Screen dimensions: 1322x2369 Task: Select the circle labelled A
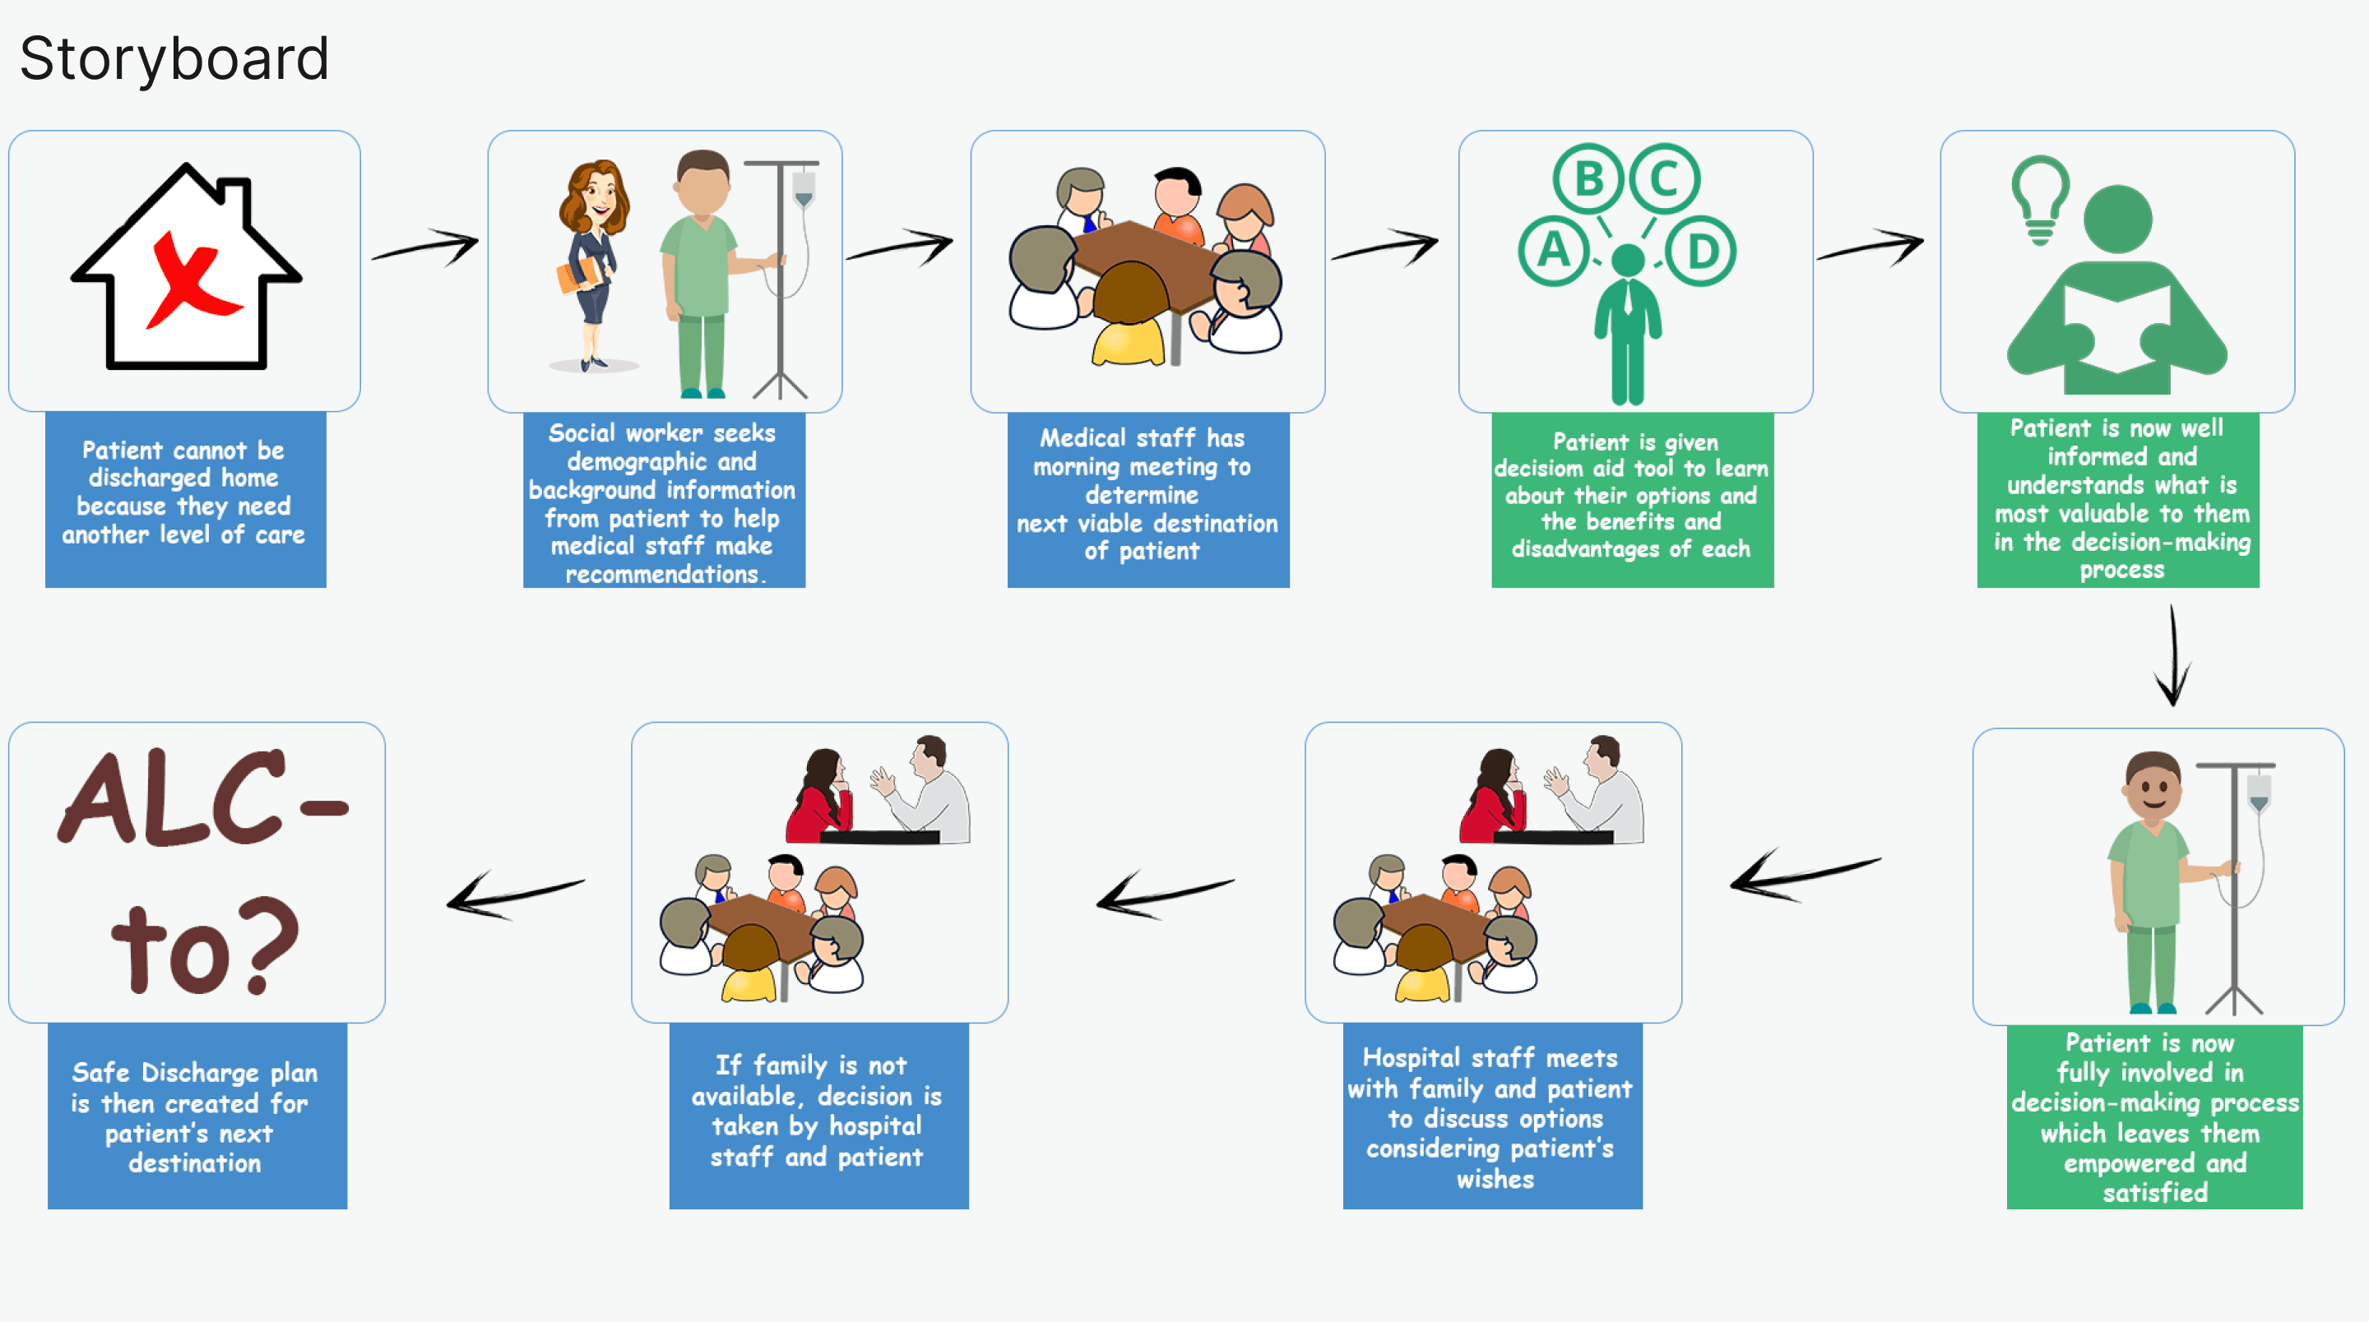(1553, 250)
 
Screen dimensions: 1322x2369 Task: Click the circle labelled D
(1700, 250)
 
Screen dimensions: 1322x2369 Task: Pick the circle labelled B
(1588, 178)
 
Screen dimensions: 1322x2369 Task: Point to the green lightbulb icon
(2040, 197)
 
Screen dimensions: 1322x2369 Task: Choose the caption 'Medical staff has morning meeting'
(1147, 495)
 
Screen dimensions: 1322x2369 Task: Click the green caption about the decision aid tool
(1631, 497)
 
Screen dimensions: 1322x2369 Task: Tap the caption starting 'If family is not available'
(818, 1111)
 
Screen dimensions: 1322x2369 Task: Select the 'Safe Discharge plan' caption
(196, 1117)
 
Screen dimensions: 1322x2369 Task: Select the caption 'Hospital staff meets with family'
(1491, 1117)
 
